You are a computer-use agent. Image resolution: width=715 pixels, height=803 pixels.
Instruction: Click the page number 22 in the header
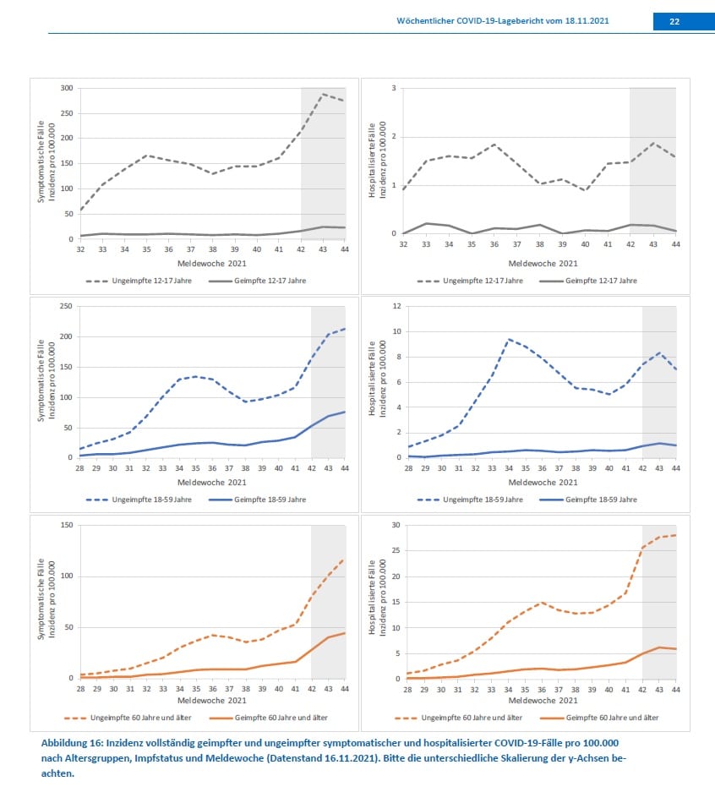point(674,22)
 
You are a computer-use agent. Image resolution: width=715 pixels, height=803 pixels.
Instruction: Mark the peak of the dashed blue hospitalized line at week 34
point(509,339)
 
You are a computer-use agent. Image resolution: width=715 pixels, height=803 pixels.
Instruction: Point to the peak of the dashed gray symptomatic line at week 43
point(324,94)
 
